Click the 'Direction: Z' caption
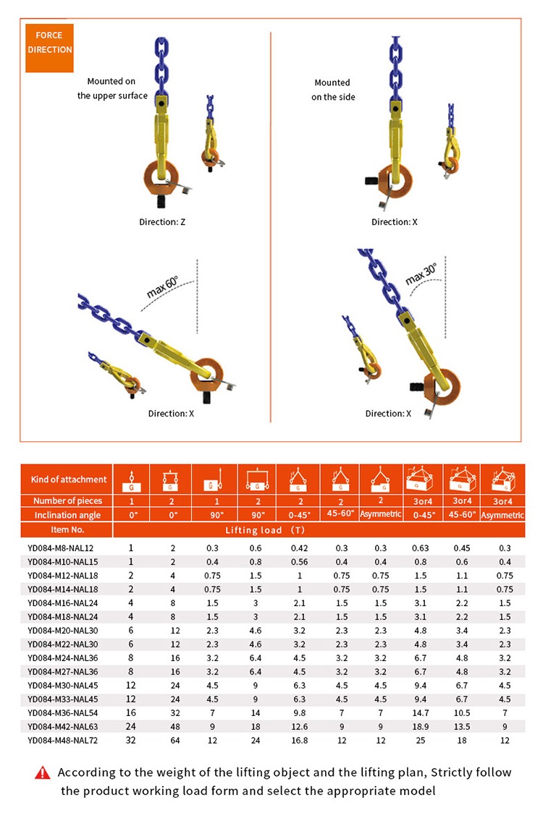pyautogui.click(x=163, y=222)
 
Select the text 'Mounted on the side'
pyautogui.click(x=333, y=90)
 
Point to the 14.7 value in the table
pyautogui.click(x=421, y=712)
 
